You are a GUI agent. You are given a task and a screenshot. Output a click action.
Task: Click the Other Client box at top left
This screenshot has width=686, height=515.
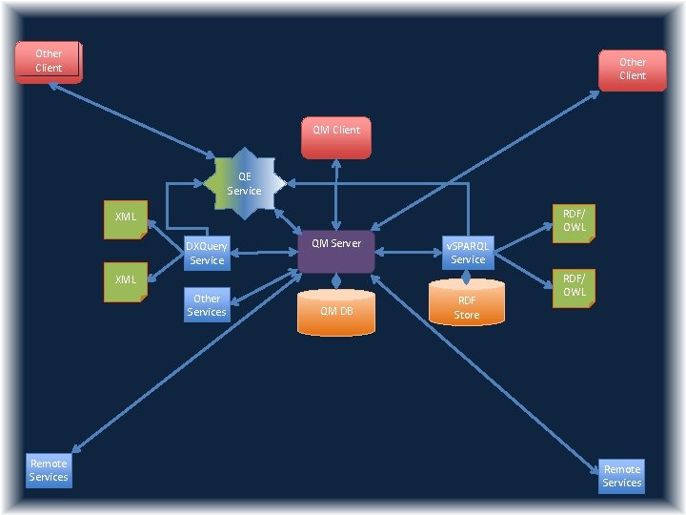(x=48, y=61)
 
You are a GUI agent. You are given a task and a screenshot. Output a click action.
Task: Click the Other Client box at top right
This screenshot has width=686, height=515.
(x=632, y=69)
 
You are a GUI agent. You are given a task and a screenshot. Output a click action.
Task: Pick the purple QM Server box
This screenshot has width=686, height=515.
(x=335, y=250)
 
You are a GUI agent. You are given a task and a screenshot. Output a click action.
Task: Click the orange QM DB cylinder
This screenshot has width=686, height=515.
(x=335, y=311)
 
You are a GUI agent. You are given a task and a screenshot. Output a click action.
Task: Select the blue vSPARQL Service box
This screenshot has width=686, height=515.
(x=468, y=252)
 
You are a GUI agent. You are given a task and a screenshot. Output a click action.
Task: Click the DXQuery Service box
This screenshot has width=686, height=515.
(x=207, y=253)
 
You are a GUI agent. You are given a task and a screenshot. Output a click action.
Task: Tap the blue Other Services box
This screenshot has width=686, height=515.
(x=207, y=305)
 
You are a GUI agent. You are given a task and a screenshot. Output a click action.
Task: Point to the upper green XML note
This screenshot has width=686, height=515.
(x=125, y=218)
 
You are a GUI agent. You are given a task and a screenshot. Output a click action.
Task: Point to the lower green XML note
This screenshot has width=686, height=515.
(x=125, y=281)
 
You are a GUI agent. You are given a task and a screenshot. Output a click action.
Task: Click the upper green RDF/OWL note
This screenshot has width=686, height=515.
(x=574, y=221)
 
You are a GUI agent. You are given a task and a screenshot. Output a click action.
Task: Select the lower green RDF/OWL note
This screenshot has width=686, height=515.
(x=574, y=286)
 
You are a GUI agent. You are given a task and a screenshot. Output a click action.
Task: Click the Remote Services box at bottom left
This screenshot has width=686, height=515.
(x=49, y=470)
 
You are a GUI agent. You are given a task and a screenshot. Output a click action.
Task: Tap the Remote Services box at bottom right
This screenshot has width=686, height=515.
(x=621, y=476)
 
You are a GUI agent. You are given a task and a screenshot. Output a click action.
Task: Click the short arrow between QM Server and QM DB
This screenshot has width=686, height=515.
(x=335, y=278)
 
